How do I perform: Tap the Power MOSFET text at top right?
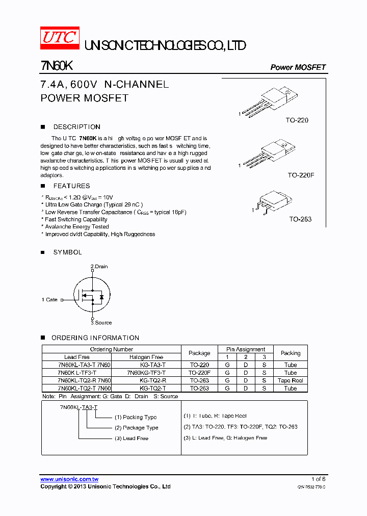coord(298,67)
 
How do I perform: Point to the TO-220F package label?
coord(301,175)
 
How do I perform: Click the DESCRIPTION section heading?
coord(76,127)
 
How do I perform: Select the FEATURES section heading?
coord(71,186)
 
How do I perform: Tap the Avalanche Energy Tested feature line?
coord(76,227)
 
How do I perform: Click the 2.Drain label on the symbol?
coord(99,267)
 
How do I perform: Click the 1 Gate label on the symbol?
coord(50,300)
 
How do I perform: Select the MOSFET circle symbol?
coord(92,295)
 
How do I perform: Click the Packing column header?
coord(291,353)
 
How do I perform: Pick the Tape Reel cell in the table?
coord(291,380)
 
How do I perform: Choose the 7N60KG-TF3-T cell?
coord(146,373)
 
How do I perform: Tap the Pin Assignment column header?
coord(246,349)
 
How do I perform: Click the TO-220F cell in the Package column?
coord(199,373)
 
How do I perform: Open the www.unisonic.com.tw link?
coord(69,479)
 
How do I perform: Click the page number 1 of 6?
coord(318,479)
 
